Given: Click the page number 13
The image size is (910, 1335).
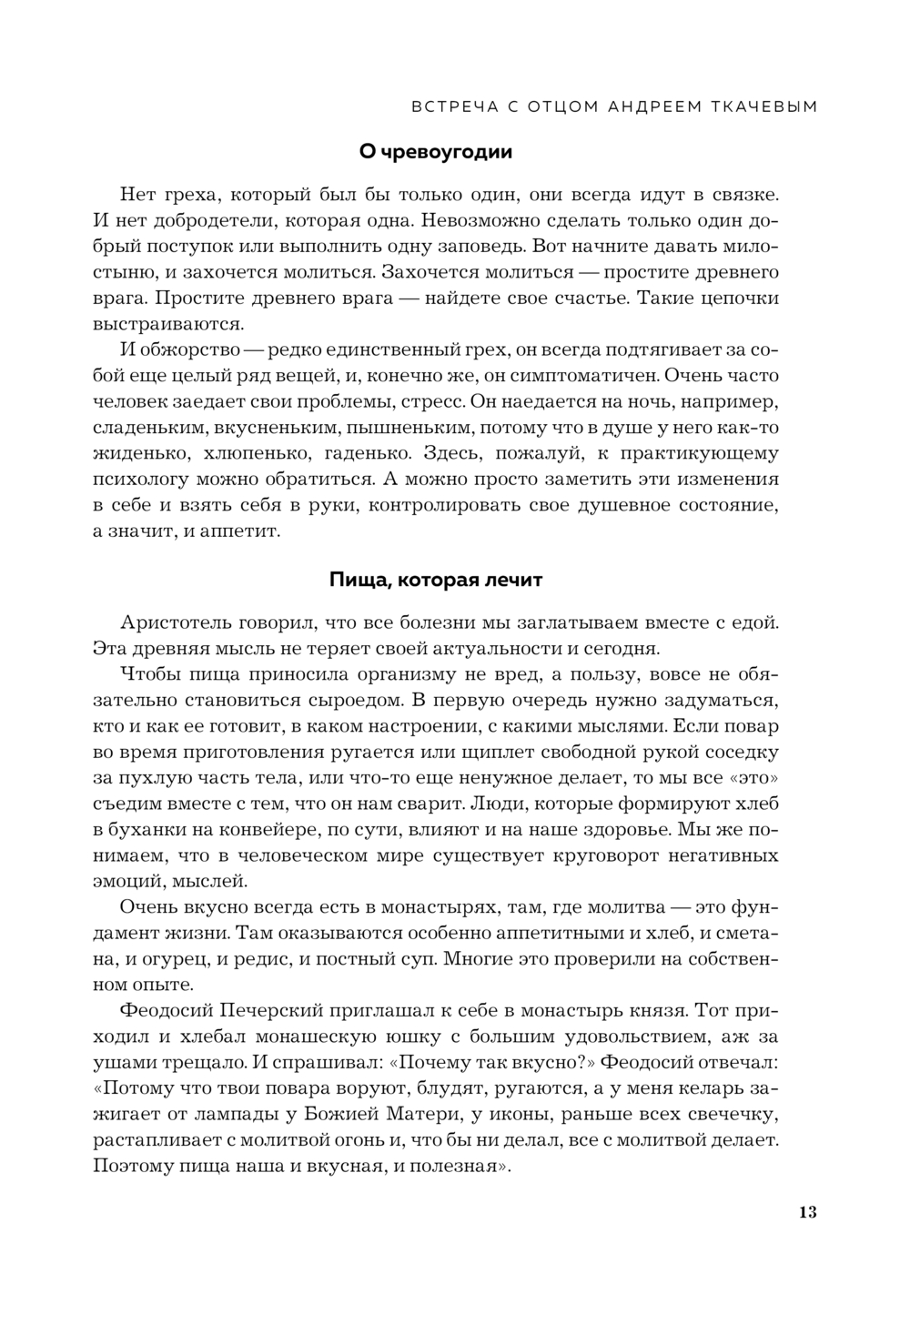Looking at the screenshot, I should (807, 1212).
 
